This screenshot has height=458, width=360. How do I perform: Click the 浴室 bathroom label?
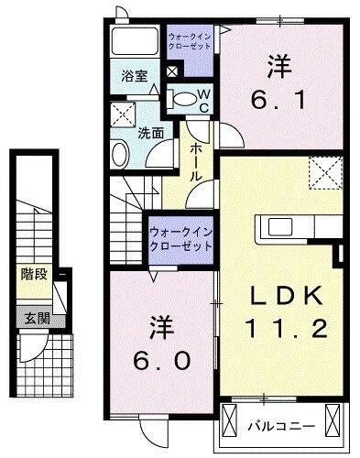click(135, 77)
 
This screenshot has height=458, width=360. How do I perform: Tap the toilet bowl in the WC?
click(182, 98)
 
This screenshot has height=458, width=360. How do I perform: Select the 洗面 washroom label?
click(151, 133)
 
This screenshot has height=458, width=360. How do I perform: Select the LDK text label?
click(282, 295)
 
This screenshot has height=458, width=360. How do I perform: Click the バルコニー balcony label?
click(282, 426)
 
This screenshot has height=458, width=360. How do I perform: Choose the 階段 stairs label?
click(34, 273)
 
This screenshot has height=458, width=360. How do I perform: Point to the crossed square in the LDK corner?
click(323, 171)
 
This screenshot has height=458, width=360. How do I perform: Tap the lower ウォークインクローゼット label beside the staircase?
click(180, 240)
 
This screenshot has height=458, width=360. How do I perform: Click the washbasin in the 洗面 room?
click(120, 152)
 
